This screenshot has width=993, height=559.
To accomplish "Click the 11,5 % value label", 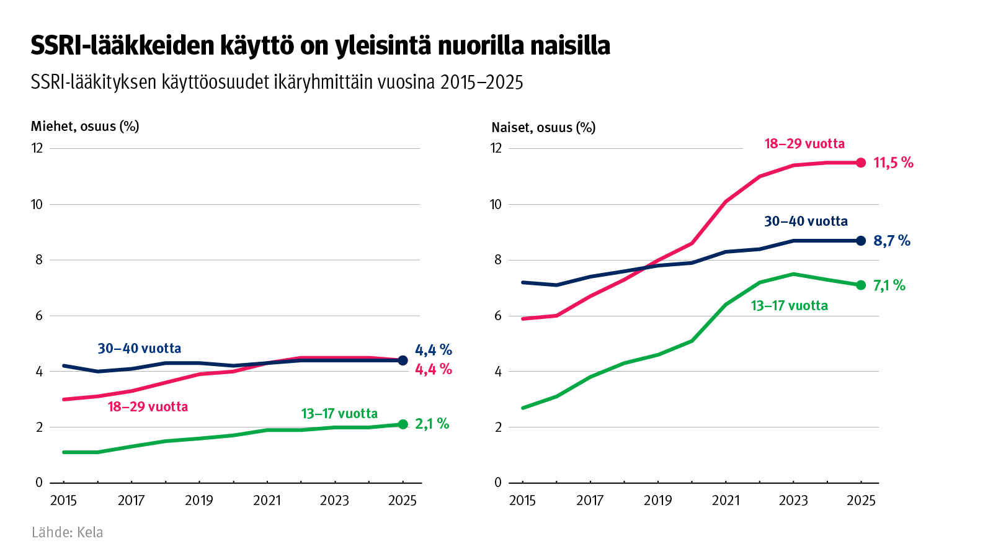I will coord(893,163).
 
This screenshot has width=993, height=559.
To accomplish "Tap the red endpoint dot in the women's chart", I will coord(861,163).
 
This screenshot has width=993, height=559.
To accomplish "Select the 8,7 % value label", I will coord(891,241).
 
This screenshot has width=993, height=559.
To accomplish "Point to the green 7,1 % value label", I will coord(889,285).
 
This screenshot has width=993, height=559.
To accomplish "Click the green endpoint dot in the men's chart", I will coord(403,424).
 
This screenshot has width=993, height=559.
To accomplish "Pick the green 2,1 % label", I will coord(432,424).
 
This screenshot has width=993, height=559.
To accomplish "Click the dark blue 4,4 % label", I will coord(433,350).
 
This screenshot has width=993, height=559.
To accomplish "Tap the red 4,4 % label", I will coord(433,370).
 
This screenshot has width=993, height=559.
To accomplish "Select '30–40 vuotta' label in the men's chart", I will coord(140,349).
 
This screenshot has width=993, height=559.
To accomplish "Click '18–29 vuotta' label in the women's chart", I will coord(804,144).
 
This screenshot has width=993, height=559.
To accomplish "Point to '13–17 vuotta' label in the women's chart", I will coord(789,306).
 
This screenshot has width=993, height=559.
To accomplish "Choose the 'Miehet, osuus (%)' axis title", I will coord(85,127).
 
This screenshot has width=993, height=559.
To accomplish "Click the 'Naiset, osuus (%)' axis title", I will coord(543,128).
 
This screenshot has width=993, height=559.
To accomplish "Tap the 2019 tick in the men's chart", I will coord(198,501).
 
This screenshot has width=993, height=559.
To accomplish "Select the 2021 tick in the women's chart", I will coord(726,501).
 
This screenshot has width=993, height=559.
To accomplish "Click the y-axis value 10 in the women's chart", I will coord(496,204).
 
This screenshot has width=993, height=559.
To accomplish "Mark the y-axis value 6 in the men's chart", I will coord(39,316).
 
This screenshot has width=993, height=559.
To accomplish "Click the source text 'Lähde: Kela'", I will coord(67,532).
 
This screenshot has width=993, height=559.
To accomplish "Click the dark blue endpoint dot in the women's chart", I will coord(861,241).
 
